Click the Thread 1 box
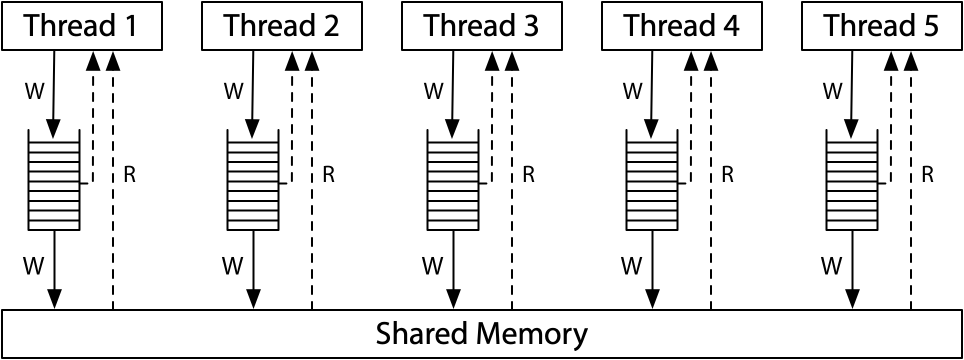pos(82,26)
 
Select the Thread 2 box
pos(281,26)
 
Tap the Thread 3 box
pos(481,26)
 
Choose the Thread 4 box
pos(681,26)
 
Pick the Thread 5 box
pos(881,26)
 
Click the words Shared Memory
pos(481,333)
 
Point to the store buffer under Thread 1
pos(54,180)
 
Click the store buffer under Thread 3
pos(453,180)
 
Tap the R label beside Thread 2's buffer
pos(328,174)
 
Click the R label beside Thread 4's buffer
pos(727,174)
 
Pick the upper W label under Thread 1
pos(34,91)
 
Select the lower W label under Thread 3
pos(432,266)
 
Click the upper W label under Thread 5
pos(832,91)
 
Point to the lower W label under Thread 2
pos(232,266)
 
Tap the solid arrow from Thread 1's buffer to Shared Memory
pos(54,270)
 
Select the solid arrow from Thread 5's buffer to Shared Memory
pos(852,270)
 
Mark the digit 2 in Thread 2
pos(330,26)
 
